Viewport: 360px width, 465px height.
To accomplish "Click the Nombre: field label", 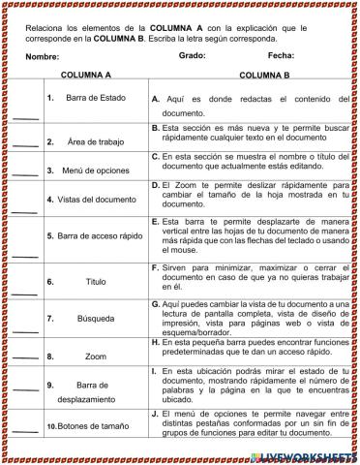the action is tap(44, 56).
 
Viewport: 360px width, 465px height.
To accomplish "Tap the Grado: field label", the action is tap(193, 56).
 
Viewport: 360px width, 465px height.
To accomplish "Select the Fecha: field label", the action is tap(282, 56).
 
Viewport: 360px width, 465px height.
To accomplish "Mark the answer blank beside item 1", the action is tap(25, 117).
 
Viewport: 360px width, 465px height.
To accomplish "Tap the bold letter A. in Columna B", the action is tap(156, 99).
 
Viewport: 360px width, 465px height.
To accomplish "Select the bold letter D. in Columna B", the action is tap(156, 183).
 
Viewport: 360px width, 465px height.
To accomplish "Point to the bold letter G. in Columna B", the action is tap(156, 304).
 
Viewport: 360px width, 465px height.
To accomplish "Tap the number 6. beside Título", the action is tap(49, 282).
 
